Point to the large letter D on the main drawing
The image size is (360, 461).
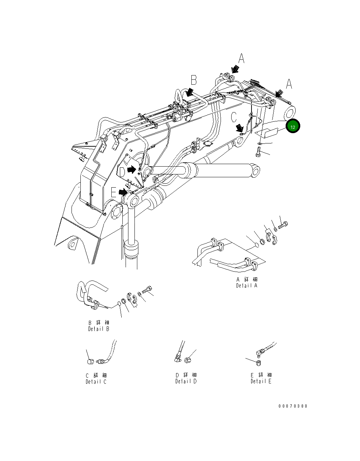click(x=122, y=172)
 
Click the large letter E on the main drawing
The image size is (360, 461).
click(x=113, y=193)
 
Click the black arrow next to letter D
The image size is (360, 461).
click(x=132, y=170)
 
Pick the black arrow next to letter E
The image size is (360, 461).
click(x=123, y=192)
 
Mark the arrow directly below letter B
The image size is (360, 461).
click(x=190, y=92)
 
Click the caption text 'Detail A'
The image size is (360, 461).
click(x=247, y=285)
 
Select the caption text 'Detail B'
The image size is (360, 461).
click(x=99, y=329)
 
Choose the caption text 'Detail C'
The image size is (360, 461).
click(x=96, y=382)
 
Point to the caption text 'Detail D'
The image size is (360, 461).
click(x=186, y=381)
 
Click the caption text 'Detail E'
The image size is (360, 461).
click(x=261, y=381)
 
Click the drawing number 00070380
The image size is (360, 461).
click(x=293, y=406)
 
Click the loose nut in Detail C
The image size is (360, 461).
click(x=90, y=362)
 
